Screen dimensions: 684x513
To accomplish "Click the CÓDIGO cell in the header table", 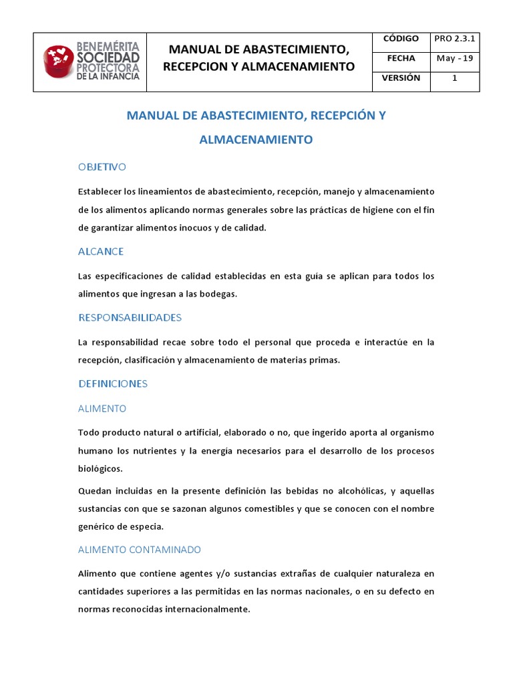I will click(401, 39).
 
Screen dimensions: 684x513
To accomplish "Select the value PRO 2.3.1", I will click(455, 39).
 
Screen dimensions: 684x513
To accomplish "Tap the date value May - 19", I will click(455, 59).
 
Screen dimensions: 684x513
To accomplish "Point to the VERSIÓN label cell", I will click(401, 78).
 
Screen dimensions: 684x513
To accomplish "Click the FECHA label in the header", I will click(401, 59).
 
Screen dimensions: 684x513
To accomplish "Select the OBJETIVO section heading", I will click(102, 167).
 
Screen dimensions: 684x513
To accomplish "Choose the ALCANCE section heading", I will click(101, 252).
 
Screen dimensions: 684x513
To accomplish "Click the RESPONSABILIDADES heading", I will click(130, 317).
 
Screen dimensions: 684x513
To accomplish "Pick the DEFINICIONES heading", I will click(113, 384).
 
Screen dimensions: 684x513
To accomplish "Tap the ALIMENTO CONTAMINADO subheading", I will click(140, 550).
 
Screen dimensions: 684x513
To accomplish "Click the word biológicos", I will click(100, 468).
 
